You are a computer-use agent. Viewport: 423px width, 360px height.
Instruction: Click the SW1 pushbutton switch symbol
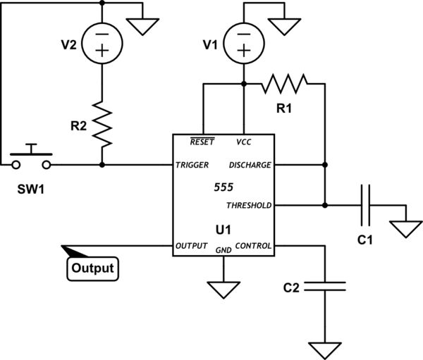point(31,159)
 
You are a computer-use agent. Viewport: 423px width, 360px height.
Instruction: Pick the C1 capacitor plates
point(366,206)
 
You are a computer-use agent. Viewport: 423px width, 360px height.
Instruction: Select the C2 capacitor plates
point(325,286)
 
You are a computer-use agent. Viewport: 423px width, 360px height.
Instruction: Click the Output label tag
point(93,268)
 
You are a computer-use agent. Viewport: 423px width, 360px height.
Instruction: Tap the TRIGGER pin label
point(193,165)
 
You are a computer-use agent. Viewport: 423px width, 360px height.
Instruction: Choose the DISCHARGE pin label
point(249,165)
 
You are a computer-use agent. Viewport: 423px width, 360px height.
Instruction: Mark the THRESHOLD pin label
point(248,206)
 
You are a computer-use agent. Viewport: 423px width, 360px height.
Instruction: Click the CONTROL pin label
point(252,246)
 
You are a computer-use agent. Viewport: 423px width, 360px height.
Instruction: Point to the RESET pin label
point(202,142)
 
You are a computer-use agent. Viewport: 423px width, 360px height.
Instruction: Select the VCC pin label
point(243,142)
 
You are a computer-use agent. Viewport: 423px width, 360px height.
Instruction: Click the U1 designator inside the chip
point(223,229)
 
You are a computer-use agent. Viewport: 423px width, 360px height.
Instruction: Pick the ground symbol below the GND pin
point(223,289)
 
